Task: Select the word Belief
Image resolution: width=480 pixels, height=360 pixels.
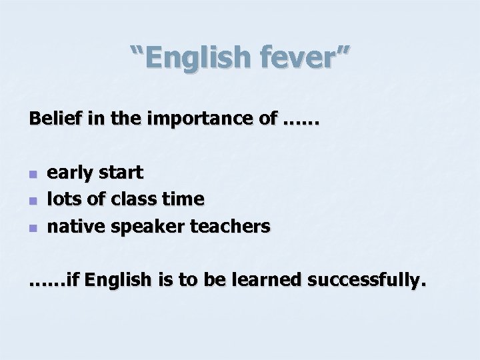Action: coord(51,120)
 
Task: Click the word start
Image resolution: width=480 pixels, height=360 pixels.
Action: coord(120,173)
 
